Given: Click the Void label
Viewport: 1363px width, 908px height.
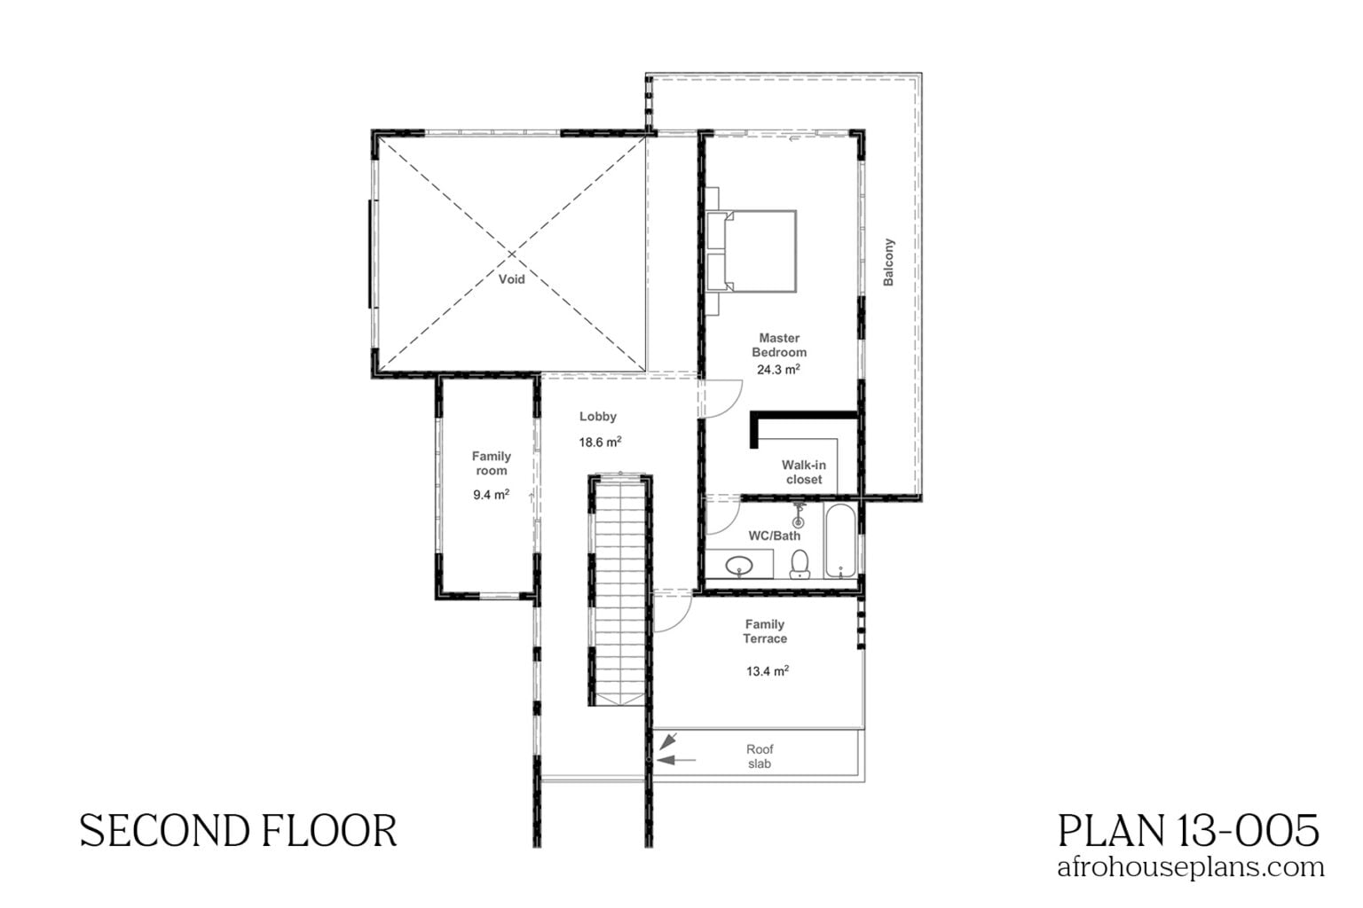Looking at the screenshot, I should tap(511, 279).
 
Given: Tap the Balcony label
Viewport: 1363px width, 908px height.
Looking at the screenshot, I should tap(888, 262).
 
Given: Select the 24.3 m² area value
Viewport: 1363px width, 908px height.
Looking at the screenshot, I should tap(778, 370).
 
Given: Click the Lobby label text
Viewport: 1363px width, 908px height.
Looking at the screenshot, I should tap(597, 416).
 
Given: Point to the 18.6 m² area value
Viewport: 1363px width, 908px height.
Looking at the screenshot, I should tap(600, 442).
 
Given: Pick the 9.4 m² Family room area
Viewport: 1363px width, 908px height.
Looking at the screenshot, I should tap(491, 495).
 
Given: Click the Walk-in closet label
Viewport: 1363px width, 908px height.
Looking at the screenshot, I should tap(803, 472).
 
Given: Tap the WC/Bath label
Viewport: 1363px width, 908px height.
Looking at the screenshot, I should tap(774, 536).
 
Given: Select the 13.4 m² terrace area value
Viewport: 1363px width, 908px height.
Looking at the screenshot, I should tap(767, 671).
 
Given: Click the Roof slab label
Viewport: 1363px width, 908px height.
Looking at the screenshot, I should tap(760, 756).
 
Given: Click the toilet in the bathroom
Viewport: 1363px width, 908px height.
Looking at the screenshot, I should tap(800, 564).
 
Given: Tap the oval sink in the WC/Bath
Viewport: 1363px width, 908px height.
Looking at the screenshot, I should tap(738, 565).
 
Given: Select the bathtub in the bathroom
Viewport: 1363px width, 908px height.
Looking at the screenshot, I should tap(839, 542).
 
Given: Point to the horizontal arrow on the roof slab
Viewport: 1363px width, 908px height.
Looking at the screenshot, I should tap(677, 759).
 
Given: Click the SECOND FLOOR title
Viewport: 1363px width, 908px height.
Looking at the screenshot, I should tap(238, 832).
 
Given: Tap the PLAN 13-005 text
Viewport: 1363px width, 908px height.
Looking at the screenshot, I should tap(1188, 831).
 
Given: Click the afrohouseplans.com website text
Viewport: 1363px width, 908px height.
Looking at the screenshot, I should tap(1190, 866).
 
